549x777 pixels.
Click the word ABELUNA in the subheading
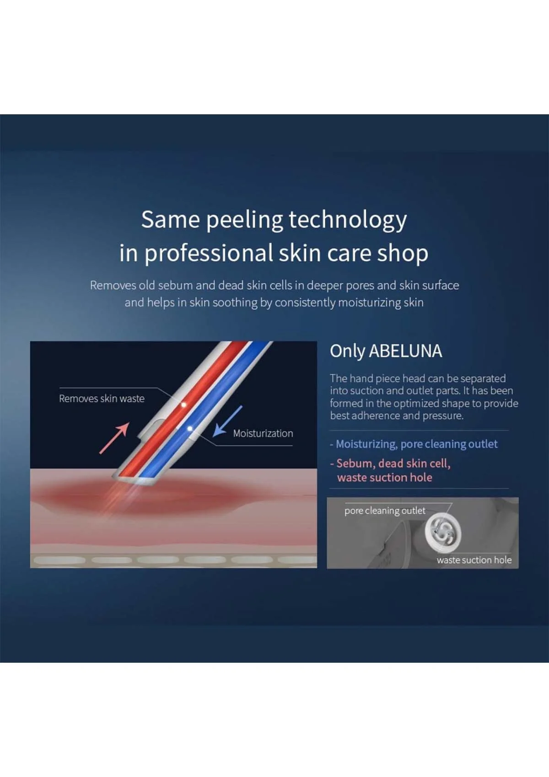click(x=405, y=351)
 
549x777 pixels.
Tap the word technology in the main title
click(x=348, y=219)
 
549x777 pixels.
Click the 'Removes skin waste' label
click(x=102, y=399)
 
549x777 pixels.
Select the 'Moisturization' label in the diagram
click(x=263, y=433)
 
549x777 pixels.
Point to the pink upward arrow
click(x=114, y=438)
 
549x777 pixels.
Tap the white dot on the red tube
click(x=183, y=404)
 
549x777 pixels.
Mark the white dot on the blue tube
click(x=190, y=429)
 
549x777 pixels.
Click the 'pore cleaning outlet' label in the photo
click(x=385, y=511)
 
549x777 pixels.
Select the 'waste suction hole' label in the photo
click(x=474, y=560)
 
